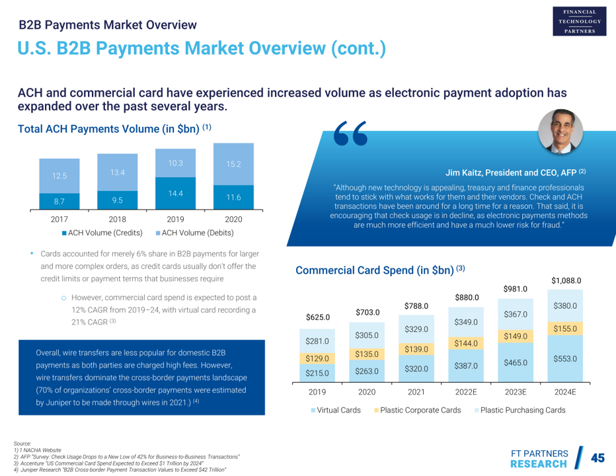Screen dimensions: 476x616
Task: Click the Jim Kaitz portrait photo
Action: coord(560,131)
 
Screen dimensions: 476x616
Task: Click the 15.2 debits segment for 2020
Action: coord(233,163)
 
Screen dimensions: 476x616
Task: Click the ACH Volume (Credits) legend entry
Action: coord(105,233)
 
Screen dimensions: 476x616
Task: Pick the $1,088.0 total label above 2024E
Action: coord(566,280)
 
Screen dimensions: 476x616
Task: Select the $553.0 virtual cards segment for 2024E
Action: coord(566,358)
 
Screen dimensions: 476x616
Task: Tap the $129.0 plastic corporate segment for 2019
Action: coord(317,358)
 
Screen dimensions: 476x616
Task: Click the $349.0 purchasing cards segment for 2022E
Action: coord(467,323)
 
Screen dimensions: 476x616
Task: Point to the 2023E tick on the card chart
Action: coord(516,392)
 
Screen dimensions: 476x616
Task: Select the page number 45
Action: coord(597,457)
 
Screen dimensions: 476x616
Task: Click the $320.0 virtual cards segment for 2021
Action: coord(416,369)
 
